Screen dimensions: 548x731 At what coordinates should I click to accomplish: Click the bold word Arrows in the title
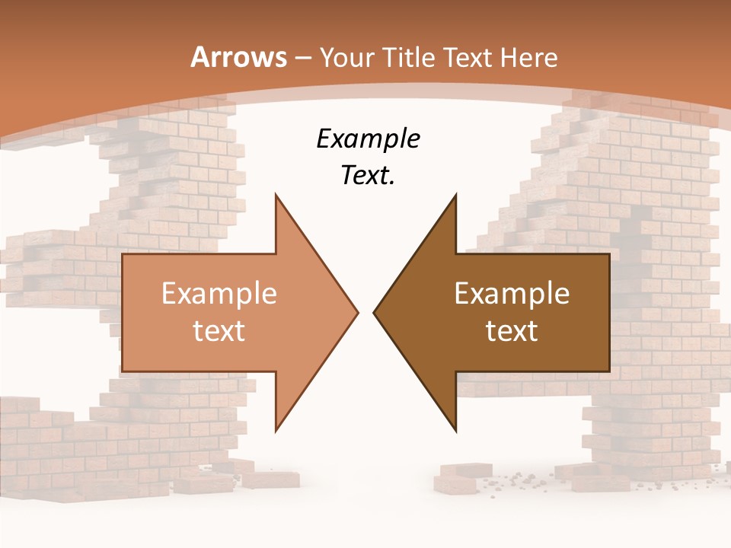238,57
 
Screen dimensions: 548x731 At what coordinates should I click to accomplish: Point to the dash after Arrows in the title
302,58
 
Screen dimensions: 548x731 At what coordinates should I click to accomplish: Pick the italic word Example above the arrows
369,139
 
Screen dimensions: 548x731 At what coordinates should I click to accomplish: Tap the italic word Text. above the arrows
369,176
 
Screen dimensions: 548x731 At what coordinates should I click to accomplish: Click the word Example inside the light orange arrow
219,294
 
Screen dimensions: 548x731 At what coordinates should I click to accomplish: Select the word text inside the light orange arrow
219,330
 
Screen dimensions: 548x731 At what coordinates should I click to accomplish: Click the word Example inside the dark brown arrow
512,294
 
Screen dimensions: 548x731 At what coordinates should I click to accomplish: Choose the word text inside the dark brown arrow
512,330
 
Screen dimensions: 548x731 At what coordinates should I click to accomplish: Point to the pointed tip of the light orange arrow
357,312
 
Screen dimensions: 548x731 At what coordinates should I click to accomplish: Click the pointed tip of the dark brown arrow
374,312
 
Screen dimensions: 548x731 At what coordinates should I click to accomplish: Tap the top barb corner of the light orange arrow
276,195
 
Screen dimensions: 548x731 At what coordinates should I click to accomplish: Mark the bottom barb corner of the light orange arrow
276,430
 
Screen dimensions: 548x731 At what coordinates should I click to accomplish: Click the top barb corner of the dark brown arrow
455,195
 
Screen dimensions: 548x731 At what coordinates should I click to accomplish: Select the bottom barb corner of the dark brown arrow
455,430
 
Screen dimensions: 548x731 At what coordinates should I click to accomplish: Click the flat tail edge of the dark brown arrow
609,312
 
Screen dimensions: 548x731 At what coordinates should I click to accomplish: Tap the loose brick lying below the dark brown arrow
458,479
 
